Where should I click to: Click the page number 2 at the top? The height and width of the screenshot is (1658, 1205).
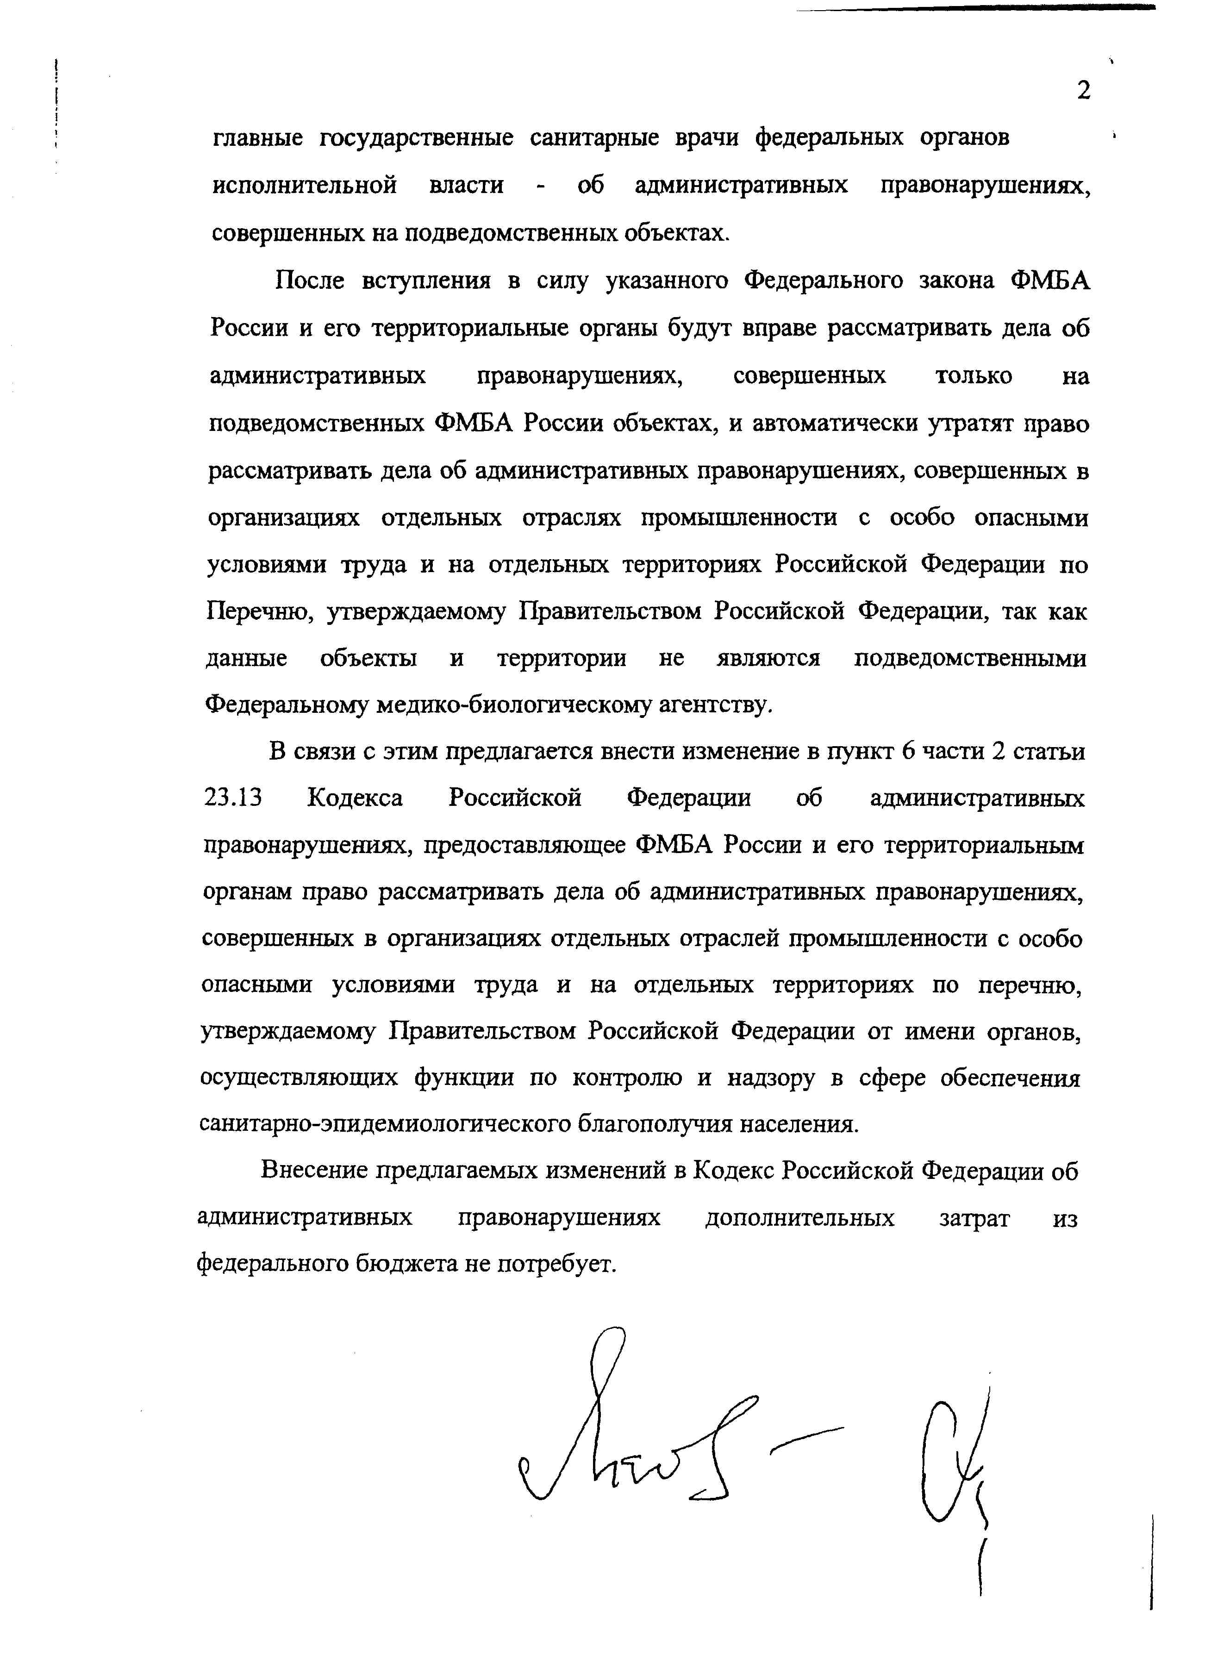[1084, 91]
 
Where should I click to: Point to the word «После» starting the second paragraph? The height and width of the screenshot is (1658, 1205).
[309, 280]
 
